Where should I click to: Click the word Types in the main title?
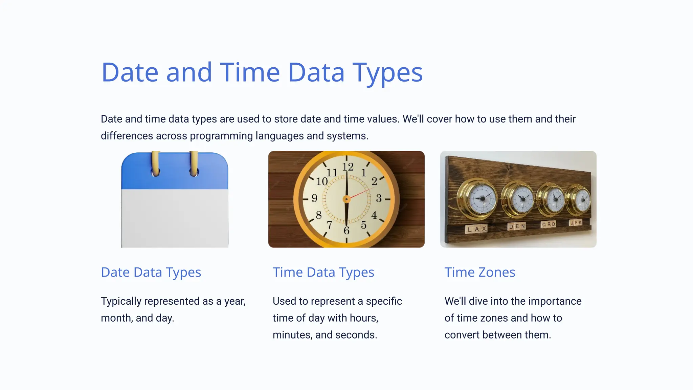[388, 73]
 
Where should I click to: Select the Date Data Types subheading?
[151, 273]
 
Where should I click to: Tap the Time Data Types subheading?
[323, 273]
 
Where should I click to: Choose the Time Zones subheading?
[479, 273]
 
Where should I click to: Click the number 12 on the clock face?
[348, 167]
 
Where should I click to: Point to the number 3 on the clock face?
[379, 198]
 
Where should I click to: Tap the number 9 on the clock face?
[314, 198]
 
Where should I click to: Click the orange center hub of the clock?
[346, 199]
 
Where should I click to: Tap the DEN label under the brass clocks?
[517, 226]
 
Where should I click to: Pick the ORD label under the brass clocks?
[548, 224]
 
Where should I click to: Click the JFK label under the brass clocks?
[576, 223]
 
